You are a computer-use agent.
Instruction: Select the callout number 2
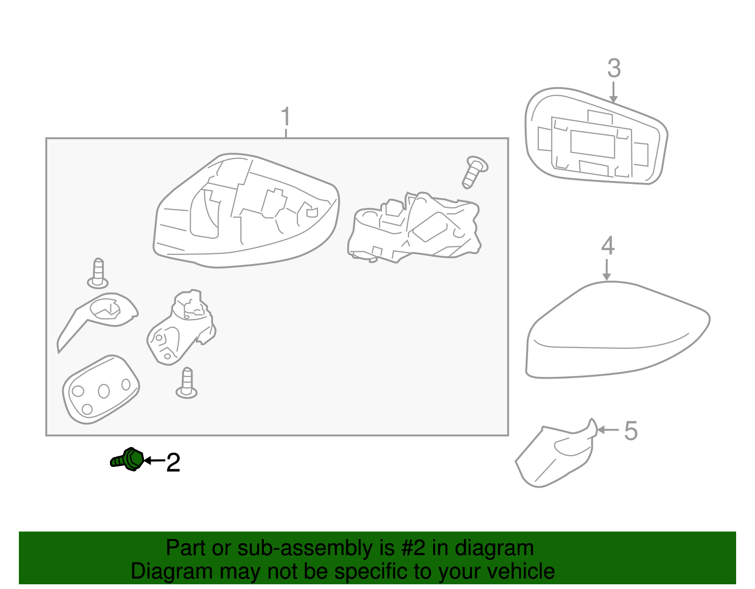(173, 463)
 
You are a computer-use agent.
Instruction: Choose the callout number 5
(630, 431)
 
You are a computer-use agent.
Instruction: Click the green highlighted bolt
(127, 459)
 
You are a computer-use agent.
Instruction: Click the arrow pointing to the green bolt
(154, 461)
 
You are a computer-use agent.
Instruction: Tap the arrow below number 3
(613, 92)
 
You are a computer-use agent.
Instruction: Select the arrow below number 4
(606, 270)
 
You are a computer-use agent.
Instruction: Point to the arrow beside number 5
(608, 430)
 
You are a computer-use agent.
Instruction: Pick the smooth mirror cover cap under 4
(617, 330)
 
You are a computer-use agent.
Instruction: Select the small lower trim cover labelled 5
(556, 454)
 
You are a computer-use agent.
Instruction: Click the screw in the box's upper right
(475, 172)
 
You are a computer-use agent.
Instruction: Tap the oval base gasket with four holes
(101, 390)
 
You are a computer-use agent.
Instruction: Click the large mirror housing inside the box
(246, 210)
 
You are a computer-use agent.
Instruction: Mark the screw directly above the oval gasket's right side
(186, 383)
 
